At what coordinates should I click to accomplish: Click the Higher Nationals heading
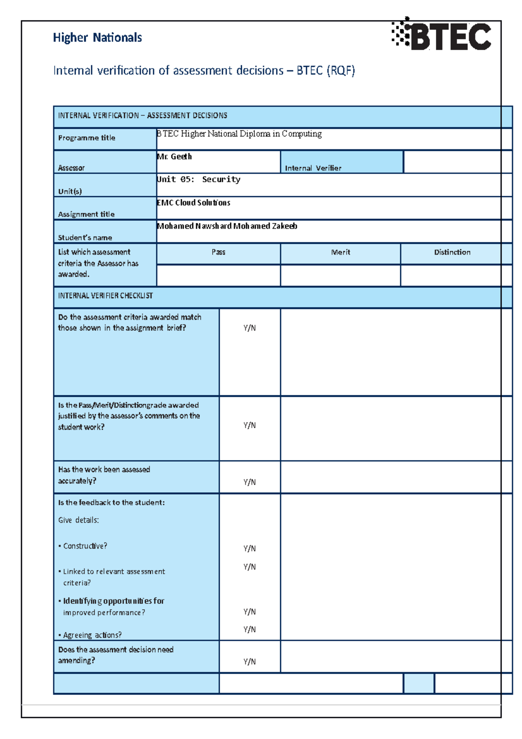click(x=97, y=38)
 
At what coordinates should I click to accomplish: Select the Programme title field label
click(x=87, y=138)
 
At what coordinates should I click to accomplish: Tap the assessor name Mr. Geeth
click(x=174, y=157)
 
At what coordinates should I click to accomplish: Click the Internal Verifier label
click(x=313, y=168)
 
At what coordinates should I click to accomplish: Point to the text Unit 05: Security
click(x=199, y=179)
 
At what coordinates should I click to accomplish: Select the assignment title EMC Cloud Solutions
click(x=194, y=203)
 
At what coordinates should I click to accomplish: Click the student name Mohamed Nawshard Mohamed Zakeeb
click(x=227, y=226)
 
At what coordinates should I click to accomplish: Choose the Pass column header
click(x=218, y=252)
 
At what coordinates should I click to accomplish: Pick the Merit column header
click(x=341, y=252)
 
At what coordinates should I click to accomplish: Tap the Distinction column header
click(x=452, y=252)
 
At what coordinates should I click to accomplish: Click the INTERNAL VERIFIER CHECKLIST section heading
click(x=106, y=296)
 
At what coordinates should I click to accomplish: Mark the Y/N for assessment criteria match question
click(x=250, y=328)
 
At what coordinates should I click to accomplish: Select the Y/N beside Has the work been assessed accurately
click(x=250, y=482)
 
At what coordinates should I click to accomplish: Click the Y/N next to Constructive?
click(x=250, y=548)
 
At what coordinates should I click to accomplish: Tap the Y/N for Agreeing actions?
click(x=250, y=629)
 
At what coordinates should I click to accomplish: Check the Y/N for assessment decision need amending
click(x=250, y=662)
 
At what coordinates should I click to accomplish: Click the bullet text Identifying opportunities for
click(x=114, y=601)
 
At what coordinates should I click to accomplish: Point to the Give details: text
click(x=79, y=520)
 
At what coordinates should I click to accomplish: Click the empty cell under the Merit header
click(x=341, y=275)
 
